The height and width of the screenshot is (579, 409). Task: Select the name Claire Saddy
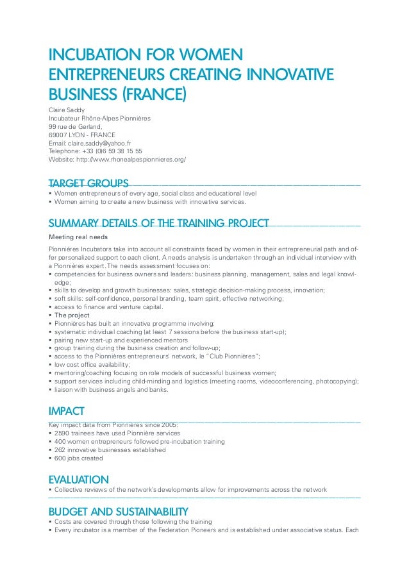[67, 110]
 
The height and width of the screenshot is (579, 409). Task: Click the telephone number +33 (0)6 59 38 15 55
[111, 151]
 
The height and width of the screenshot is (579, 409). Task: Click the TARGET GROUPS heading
[88, 183]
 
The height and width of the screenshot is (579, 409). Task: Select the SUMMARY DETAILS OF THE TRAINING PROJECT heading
[158, 223]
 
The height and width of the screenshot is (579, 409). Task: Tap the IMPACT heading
[67, 411]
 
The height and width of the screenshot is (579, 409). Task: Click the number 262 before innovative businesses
[60, 450]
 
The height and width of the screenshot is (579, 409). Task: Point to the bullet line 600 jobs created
[78, 458]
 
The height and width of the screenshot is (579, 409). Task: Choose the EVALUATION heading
[79, 480]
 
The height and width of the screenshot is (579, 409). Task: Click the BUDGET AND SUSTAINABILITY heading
[119, 512]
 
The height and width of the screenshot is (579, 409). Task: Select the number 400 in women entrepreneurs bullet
[60, 442]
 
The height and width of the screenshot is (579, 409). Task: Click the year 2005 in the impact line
[170, 424]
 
